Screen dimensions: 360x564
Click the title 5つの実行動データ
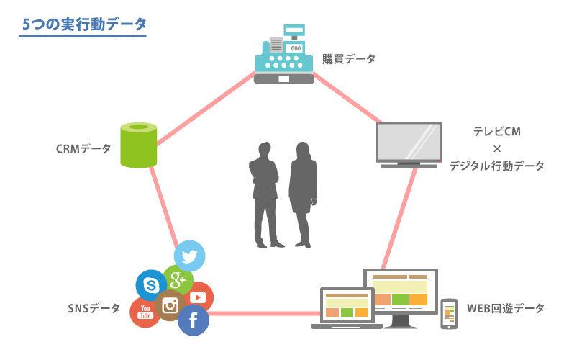point(84,24)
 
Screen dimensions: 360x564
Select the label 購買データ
point(348,59)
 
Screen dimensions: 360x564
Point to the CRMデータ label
point(83,149)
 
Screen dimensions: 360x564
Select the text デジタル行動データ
point(496,166)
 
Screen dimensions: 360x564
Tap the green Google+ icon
point(178,279)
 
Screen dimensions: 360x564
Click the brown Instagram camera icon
point(170,305)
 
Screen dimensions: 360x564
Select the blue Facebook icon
point(193,320)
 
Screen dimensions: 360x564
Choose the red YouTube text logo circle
point(145,312)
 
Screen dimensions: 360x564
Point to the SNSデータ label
point(94,308)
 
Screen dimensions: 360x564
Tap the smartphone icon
point(450,314)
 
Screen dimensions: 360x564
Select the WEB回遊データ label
point(505,308)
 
